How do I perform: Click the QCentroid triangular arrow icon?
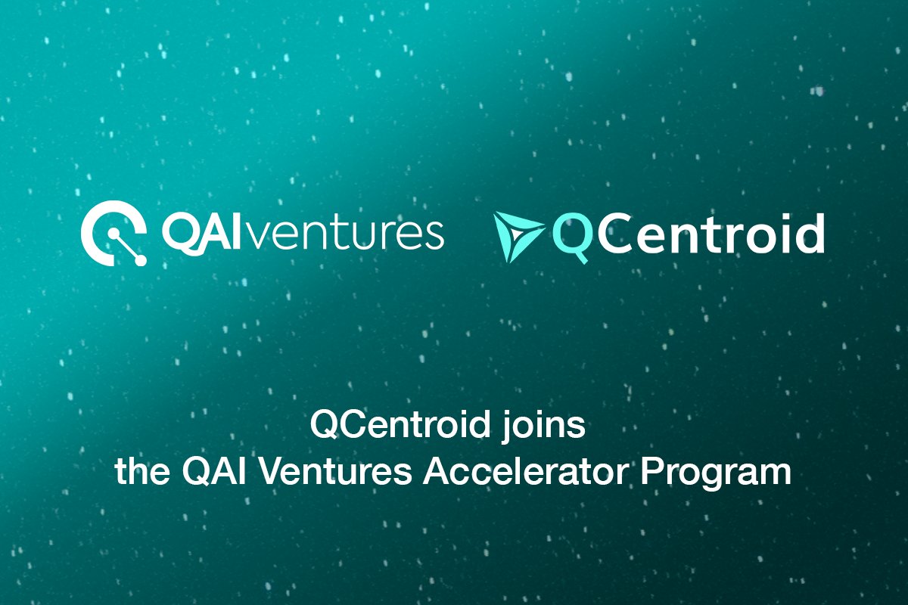click(x=517, y=235)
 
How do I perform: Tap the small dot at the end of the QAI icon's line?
click(x=139, y=260)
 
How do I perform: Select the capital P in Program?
click(x=649, y=473)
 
